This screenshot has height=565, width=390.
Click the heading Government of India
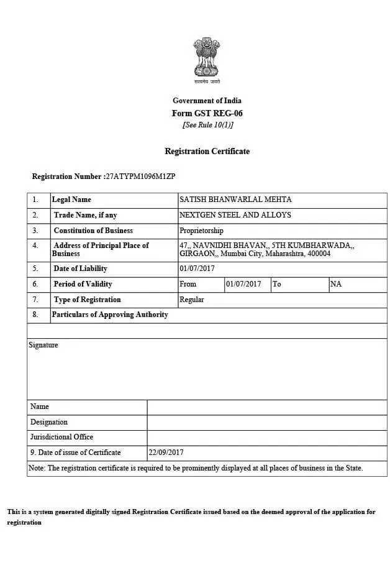pos(207,101)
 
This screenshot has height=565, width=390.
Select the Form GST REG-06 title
pos(207,113)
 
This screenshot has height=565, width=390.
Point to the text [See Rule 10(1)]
pos(207,125)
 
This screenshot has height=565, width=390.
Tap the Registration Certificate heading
pos(207,151)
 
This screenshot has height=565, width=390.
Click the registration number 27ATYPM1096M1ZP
pos(140,177)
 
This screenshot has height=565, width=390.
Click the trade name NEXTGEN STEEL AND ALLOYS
pos(235,215)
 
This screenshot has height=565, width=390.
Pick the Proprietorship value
pos(201,231)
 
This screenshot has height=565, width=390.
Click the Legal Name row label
pos(71,200)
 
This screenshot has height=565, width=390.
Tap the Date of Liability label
pos(80,269)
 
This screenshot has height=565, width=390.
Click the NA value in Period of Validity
pos(336,284)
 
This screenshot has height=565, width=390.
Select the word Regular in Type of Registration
pos(191,300)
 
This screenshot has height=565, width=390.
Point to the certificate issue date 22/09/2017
pos(166,452)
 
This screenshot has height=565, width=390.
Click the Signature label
pos(43,345)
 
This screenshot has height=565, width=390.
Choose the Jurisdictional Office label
pos(61,437)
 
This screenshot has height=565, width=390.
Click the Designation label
pos(49,422)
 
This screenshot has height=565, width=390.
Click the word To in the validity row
pos(276,284)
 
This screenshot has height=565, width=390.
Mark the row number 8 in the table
pos(35,315)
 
